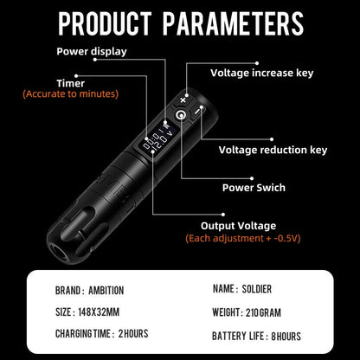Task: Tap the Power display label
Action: (x=92, y=51)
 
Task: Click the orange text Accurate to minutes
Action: (x=71, y=93)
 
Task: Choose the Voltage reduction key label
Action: (x=273, y=150)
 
